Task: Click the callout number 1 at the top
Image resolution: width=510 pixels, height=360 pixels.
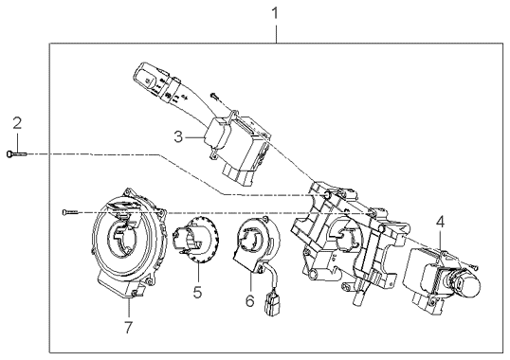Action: click(275, 13)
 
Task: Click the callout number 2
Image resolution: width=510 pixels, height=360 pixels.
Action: click(17, 123)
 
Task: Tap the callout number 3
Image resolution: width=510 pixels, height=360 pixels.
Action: click(178, 136)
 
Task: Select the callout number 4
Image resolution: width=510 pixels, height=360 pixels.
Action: click(440, 223)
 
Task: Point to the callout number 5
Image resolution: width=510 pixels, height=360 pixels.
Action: click(197, 292)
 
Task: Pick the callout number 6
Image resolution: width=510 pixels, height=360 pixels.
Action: click(249, 301)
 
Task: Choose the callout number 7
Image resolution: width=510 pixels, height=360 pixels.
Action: click(129, 327)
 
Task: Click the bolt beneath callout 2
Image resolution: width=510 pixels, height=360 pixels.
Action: click(16, 154)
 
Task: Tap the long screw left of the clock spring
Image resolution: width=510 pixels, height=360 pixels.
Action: click(70, 212)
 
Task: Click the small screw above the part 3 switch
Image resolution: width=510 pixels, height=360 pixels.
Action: click(214, 96)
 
